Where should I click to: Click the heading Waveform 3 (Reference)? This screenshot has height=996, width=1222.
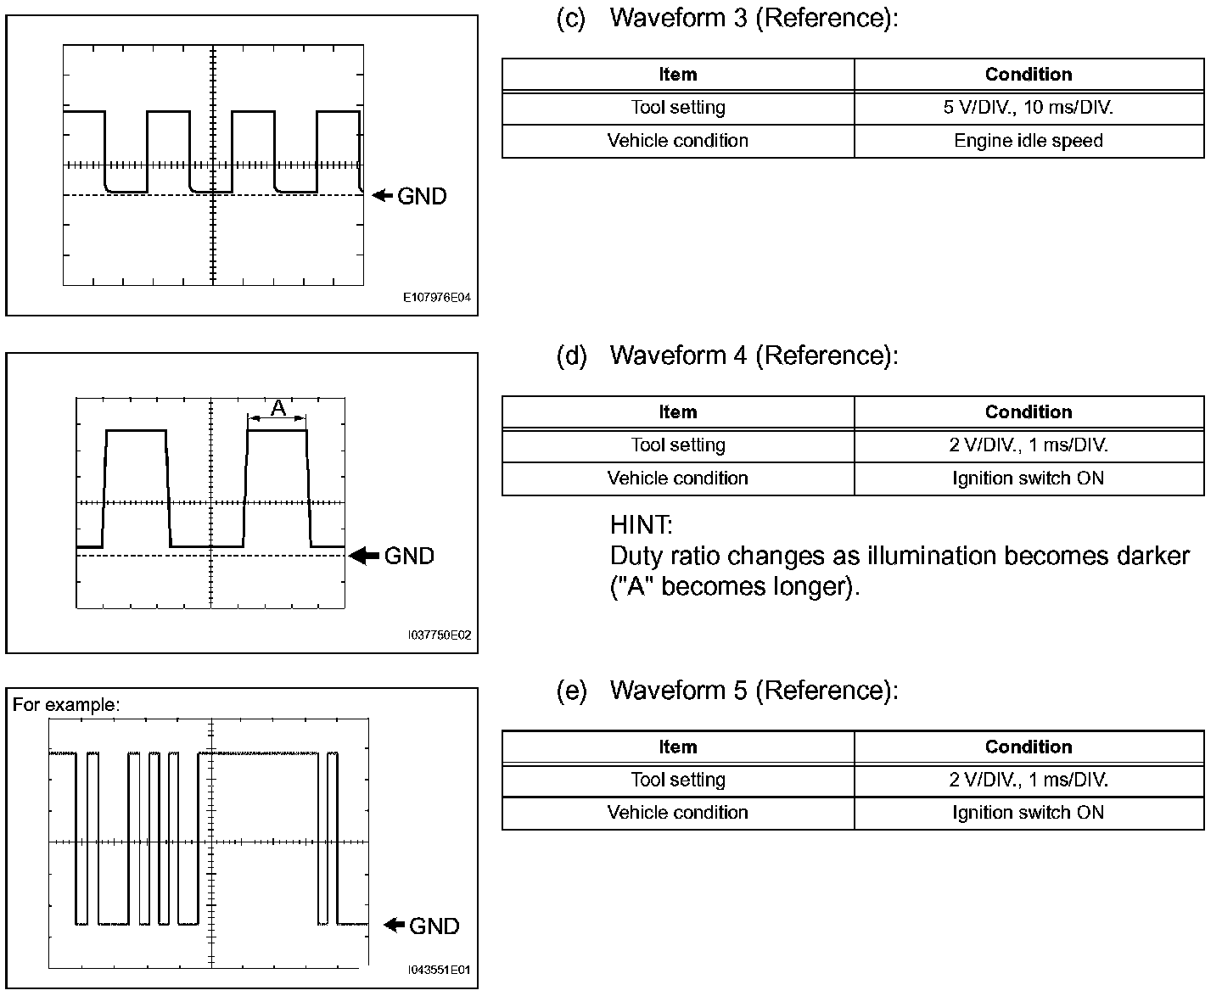[753, 18]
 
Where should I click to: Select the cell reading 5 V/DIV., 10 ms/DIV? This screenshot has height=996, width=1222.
[1029, 108]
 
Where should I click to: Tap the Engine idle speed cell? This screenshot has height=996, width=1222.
[1029, 141]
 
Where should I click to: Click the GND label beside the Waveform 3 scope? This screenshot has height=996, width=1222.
[422, 196]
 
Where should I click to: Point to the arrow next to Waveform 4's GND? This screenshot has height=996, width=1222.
[365, 556]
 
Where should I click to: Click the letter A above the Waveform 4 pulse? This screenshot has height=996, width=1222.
[277, 409]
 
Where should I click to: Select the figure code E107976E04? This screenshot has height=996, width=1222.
[436, 299]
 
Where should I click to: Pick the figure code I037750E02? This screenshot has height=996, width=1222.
[439, 635]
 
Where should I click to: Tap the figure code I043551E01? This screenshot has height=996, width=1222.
[439, 970]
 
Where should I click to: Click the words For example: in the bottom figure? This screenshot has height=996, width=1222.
[66, 705]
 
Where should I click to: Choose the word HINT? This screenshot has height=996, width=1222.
[641, 525]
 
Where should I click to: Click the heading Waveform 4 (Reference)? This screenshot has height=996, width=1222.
[753, 355]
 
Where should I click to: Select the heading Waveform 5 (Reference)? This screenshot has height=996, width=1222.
[753, 691]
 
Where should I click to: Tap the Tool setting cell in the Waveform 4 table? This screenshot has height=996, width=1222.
[678, 445]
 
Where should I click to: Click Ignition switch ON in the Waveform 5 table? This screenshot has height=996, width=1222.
[1029, 813]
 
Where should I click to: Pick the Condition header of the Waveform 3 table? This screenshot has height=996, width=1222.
[1029, 75]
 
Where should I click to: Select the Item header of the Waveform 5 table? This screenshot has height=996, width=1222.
[678, 747]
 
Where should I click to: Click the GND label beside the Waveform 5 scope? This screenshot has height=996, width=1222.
[434, 926]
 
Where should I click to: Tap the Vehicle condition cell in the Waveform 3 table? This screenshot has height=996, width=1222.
[678, 141]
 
